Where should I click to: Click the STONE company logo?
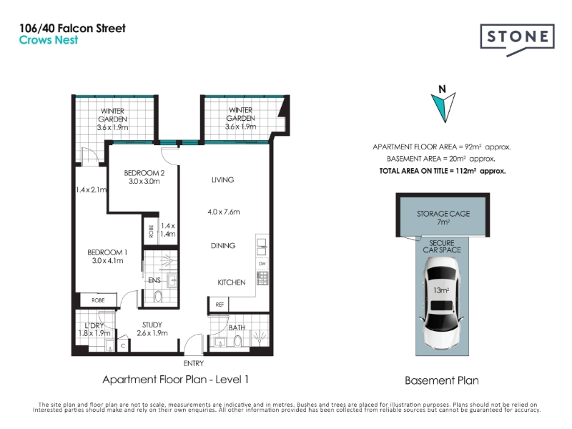click(517, 39)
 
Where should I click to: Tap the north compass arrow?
click(443, 107)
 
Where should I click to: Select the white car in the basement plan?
click(442, 302)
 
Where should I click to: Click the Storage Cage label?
click(443, 217)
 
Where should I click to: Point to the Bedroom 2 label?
click(144, 177)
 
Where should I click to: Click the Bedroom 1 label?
click(107, 256)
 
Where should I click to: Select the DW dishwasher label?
click(262, 264)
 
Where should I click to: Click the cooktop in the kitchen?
click(262, 278)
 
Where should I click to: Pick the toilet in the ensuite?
click(158, 296)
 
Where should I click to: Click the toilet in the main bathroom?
click(237, 342)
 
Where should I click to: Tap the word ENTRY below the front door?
click(193, 363)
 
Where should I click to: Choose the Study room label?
click(152, 329)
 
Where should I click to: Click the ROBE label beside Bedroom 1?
click(98, 300)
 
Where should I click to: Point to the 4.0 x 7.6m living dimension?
click(224, 212)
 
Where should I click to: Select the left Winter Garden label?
click(112, 119)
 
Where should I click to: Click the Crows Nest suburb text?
click(49, 40)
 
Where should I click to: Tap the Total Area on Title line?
click(443, 171)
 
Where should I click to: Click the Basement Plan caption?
click(442, 380)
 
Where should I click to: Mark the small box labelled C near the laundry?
click(123, 345)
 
